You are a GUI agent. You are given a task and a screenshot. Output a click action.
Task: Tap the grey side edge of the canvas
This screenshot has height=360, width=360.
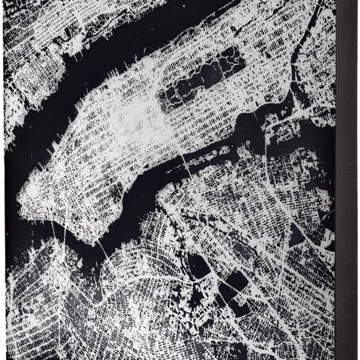point(347,180)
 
